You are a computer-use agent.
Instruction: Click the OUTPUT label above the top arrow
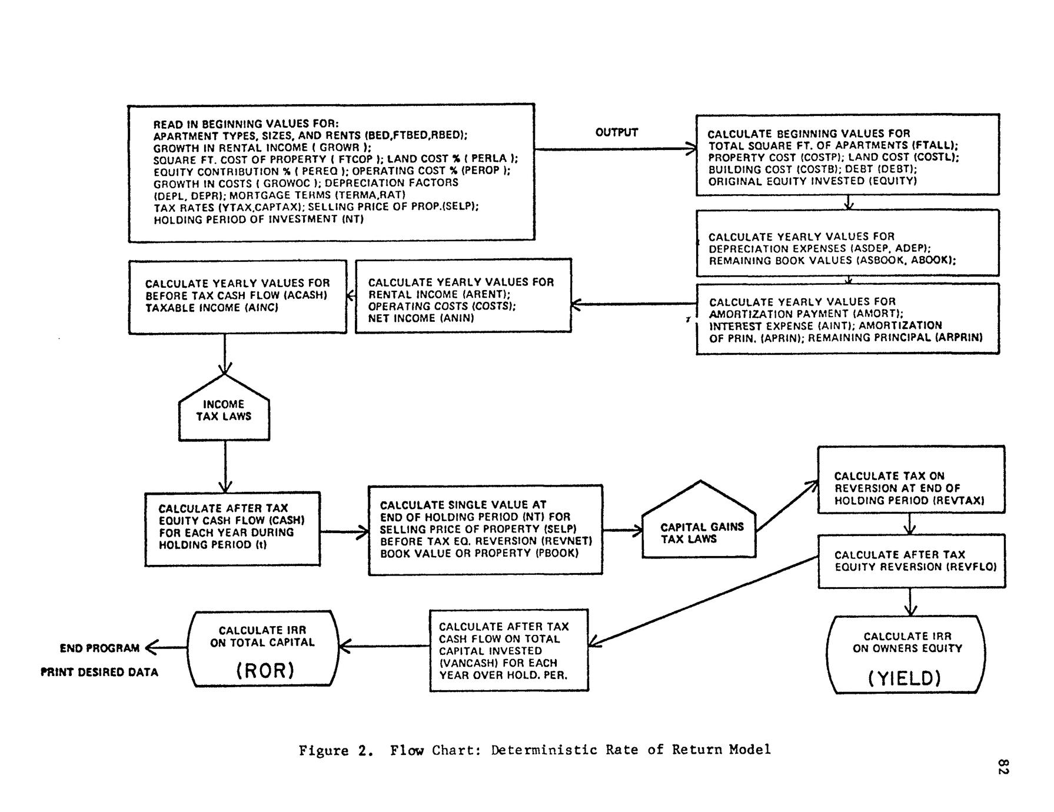click(616, 132)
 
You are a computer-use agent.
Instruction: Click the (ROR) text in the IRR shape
click(265, 671)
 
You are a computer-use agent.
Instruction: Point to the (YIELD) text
click(905, 679)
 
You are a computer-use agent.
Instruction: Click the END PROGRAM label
click(99, 648)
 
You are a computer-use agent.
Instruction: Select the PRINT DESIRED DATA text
click(99, 672)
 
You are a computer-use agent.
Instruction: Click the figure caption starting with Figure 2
click(534, 750)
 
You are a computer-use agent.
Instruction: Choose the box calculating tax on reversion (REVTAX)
click(910, 480)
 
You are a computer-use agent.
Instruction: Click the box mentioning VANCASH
click(509, 650)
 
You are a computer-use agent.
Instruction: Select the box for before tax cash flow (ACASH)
click(238, 297)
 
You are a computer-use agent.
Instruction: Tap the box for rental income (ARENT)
click(463, 296)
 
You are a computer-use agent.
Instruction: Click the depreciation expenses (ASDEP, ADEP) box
click(847, 243)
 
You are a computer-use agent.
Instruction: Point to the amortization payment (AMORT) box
click(847, 319)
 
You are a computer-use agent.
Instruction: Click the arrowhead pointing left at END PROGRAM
click(149, 648)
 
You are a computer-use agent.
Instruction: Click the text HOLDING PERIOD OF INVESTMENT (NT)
click(259, 219)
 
